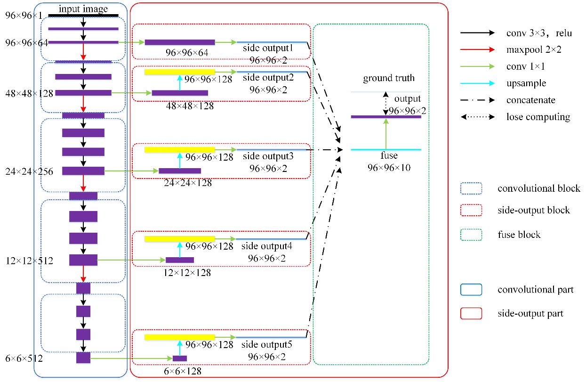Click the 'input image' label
(x=83, y=9)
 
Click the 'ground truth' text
(x=389, y=78)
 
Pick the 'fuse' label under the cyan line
(x=389, y=155)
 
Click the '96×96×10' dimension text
(x=389, y=167)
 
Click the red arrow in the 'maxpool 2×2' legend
(x=477, y=49)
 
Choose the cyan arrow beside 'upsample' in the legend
(x=477, y=83)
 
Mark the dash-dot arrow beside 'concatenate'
(x=477, y=100)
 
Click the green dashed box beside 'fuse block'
(x=472, y=234)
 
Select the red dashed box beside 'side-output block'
(x=472, y=210)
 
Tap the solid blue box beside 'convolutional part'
(x=472, y=289)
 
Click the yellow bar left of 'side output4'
(x=179, y=239)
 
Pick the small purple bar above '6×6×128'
(x=179, y=358)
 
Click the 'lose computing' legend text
(x=538, y=117)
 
